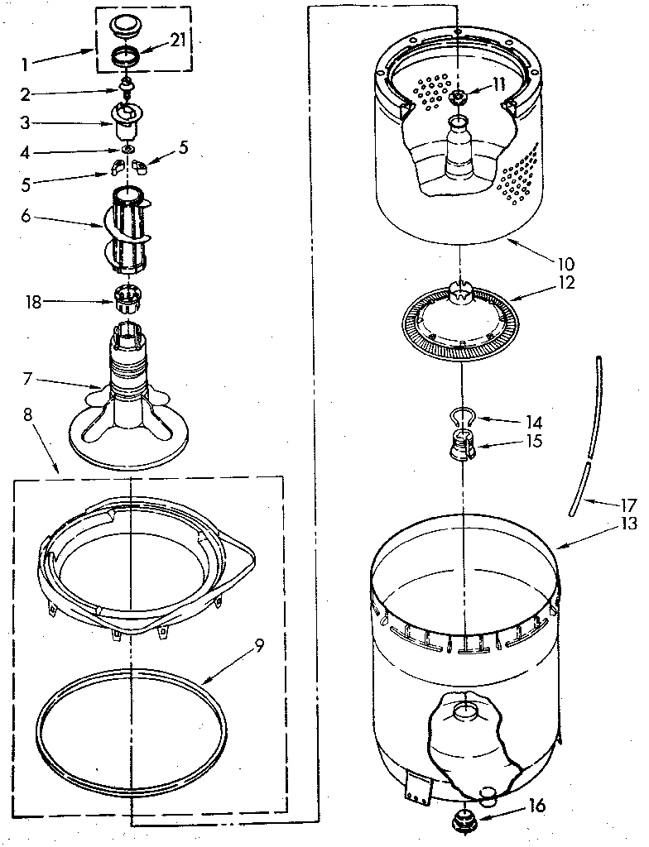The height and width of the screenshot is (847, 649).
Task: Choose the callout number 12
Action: pos(543,282)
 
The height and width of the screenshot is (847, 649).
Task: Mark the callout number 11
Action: pos(497,83)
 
